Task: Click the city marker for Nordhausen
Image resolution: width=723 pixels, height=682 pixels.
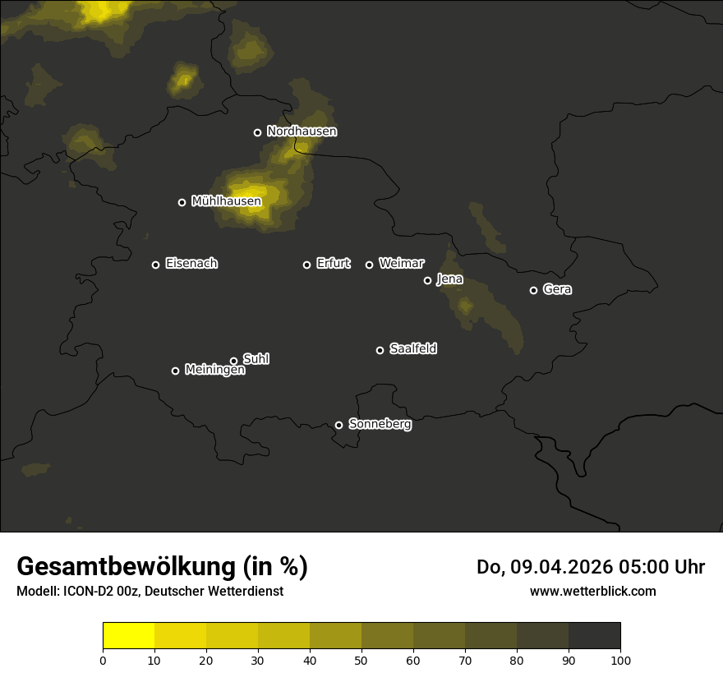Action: tap(257, 132)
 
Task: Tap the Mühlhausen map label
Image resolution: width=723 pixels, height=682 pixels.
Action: tap(226, 201)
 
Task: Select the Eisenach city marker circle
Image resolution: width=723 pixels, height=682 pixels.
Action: tap(155, 265)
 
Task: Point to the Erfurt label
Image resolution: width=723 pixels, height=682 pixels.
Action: tap(333, 264)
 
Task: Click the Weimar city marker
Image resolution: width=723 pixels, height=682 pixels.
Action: tap(369, 265)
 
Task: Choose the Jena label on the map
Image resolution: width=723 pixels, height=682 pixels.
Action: tap(449, 279)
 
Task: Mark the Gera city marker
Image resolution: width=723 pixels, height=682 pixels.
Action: tap(533, 290)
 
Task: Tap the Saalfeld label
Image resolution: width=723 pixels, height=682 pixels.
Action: tap(412, 349)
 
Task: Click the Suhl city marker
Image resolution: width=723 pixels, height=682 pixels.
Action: tap(233, 361)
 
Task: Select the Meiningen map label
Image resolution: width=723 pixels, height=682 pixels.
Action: tap(214, 371)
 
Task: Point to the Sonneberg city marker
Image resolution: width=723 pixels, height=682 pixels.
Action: tap(338, 425)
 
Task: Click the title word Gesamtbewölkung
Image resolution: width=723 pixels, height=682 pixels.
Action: tap(127, 567)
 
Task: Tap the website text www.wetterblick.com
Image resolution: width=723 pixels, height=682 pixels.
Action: tap(592, 592)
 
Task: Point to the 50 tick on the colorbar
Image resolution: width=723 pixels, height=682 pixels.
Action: tap(361, 659)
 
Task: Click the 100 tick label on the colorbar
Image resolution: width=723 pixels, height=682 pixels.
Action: tap(620, 659)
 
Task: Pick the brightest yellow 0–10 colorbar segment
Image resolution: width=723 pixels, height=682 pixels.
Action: tap(128, 636)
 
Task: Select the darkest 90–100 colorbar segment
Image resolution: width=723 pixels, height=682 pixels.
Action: tap(594, 636)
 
